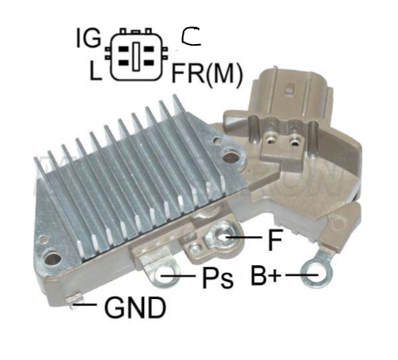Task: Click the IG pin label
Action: tap(88, 38)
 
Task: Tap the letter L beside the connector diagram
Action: tap(96, 70)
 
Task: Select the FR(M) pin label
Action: tap(207, 73)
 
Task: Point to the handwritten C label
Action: tap(191, 36)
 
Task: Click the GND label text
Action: tap(135, 307)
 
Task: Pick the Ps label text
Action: tap(218, 277)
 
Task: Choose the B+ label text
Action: tap(266, 274)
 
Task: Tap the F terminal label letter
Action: tap(274, 240)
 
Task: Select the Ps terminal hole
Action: tap(168, 274)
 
